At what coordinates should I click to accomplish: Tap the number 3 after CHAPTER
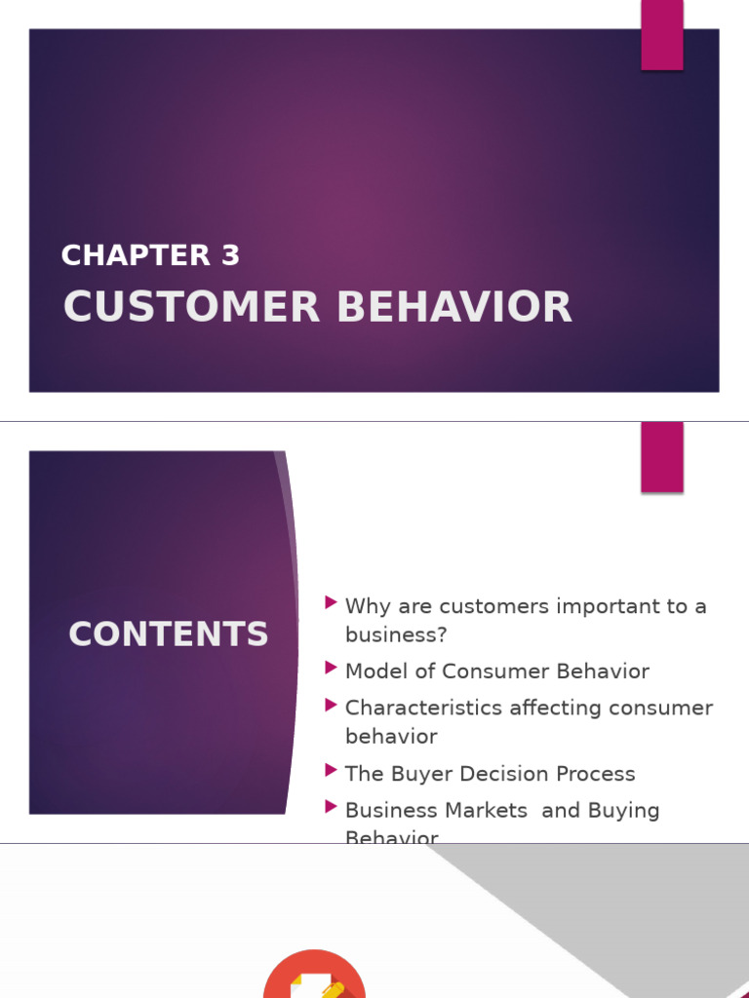click(230, 255)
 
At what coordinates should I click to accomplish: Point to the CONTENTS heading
click(168, 634)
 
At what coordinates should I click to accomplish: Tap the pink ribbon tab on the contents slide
click(661, 456)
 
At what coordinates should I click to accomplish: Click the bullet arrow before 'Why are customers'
click(332, 604)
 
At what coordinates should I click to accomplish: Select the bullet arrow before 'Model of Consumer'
click(332, 669)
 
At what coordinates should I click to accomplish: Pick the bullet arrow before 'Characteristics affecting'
click(332, 706)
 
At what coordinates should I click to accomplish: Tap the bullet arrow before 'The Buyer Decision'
click(332, 771)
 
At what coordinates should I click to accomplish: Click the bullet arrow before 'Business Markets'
click(332, 808)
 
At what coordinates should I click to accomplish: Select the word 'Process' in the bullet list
click(596, 774)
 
